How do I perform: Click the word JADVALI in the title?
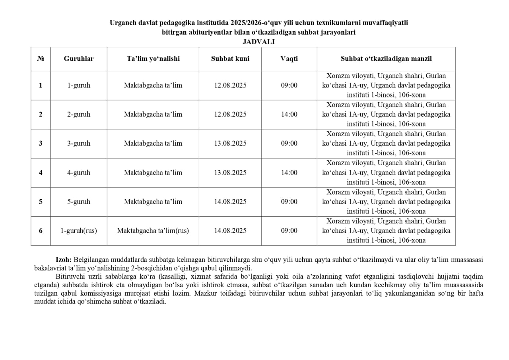point(258,41)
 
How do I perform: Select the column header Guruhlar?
point(79,58)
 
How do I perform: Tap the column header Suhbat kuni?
point(230,58)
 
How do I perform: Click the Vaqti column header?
point(289,58)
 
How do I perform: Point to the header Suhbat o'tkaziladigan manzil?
point(386,58)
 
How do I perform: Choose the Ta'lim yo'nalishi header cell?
point(153,58)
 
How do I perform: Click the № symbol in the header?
point(41,58)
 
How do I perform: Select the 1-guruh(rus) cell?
point(79,231)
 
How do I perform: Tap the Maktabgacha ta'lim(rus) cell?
point(153,231)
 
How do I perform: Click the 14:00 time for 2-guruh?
point(289,115)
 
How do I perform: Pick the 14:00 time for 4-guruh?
point(289,173)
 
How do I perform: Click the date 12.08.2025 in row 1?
point(230,86)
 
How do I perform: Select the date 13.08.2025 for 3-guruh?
point(230,144)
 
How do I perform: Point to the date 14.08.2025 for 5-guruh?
point(230,202)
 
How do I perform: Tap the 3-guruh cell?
point(79,144)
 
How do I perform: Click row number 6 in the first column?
point(41,231)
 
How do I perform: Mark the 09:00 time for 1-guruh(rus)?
point(289,231)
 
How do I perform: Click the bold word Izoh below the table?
point(64,260)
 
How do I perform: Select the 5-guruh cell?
point(79,202)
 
